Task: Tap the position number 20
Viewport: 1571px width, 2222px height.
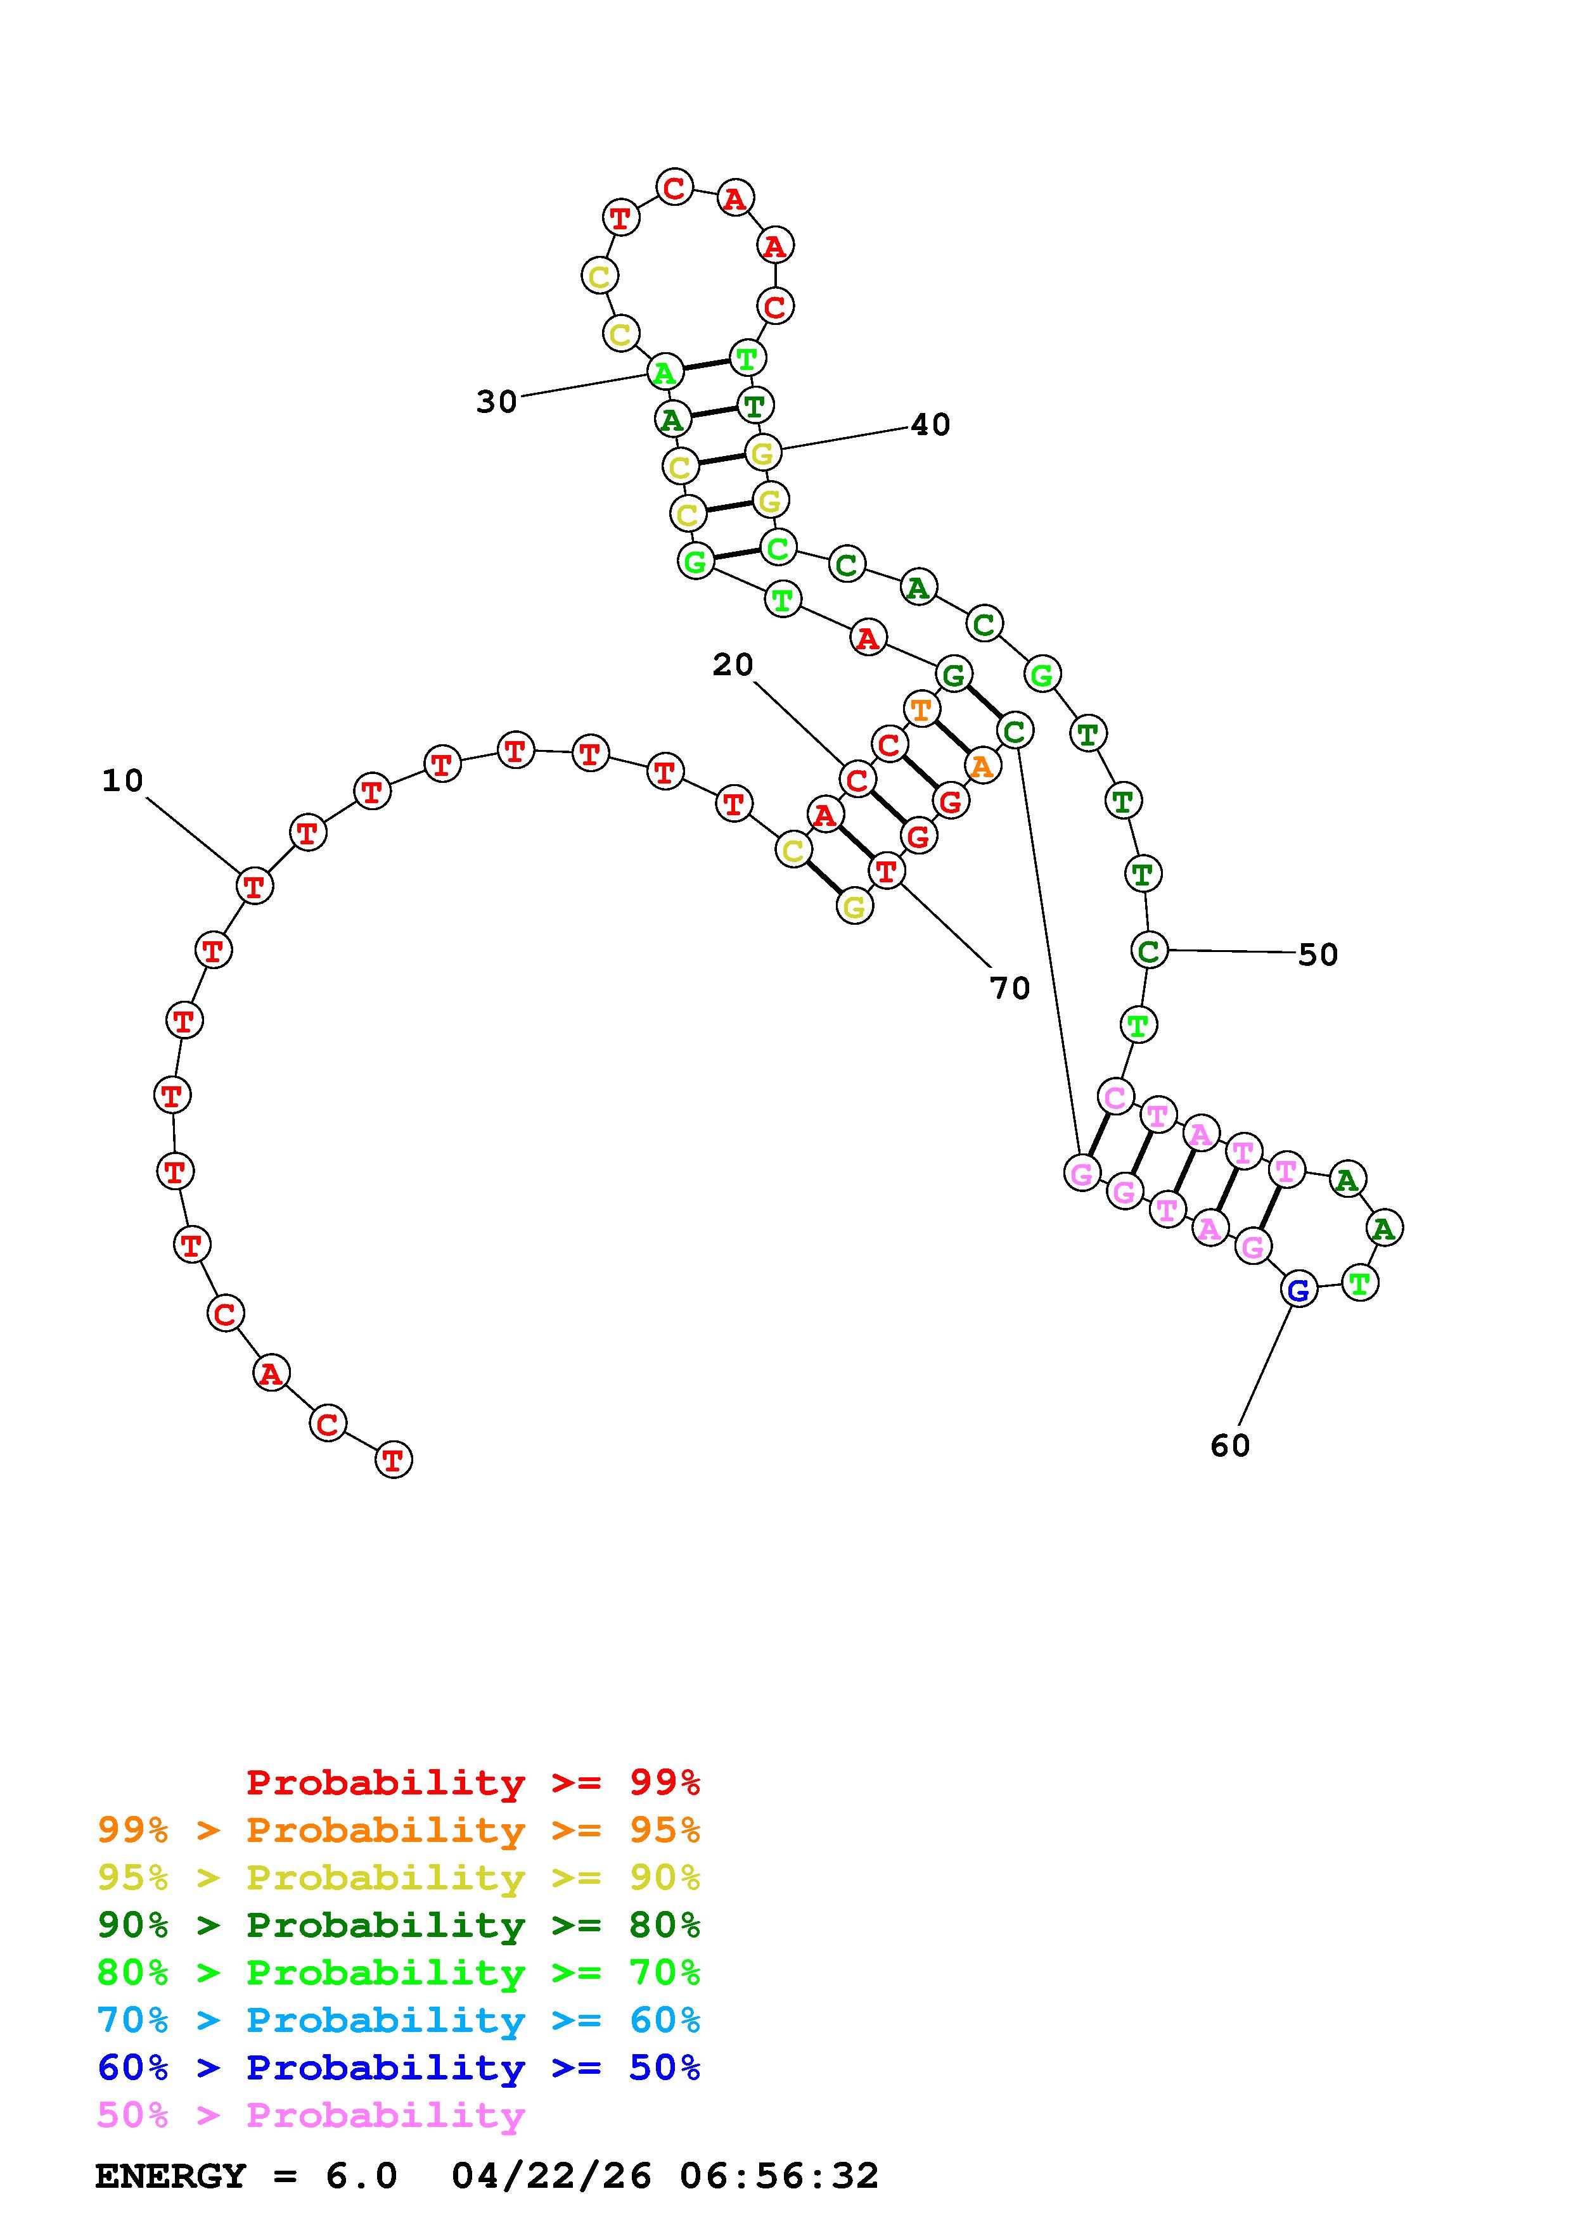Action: pyautogui.click(x=733, y=665)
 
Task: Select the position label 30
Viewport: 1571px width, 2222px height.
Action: pyautogui.click(x=497, y=402)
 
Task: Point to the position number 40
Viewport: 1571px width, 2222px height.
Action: pyautogui.click(x=930, y=425)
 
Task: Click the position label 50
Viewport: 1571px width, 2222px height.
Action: pyautogui.click(x=1318, y=955)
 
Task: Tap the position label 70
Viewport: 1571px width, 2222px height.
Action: pyautogui.click(x=1010, y=988)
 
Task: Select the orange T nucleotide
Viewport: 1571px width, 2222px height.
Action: pyautogui.click(x=921, y=709)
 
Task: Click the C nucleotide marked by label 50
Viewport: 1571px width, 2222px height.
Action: pyautogui.click(x=1148, y=951)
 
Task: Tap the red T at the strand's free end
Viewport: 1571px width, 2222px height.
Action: pyautogui.click(x=393, y=1459)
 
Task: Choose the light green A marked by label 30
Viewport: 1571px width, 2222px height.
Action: pyautogui.click(x=664, y=372)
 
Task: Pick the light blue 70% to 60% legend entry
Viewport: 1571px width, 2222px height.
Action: pyautogui.click(x=399, y=2021)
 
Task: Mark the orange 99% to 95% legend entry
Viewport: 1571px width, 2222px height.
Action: pyautogui.click(x=399, y=1830)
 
